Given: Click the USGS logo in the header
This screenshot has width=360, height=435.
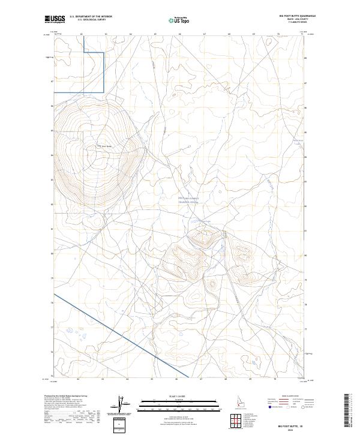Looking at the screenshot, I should click(x=55, y=20).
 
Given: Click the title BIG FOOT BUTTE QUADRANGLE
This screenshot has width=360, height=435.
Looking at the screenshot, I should click(x=293, y=16).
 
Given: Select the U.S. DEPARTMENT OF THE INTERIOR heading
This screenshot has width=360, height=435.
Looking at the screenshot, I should click(x=91, y=17).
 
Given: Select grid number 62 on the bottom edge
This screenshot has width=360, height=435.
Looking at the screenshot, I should click(x=79, y=379).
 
